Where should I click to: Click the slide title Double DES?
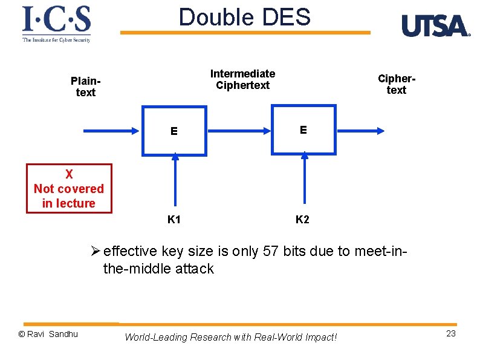point(244,18)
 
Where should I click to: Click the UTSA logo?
point(435,26)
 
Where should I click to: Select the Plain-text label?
point(85,87)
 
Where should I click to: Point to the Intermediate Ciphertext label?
point(242,79)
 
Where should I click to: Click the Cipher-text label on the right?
point(396,84)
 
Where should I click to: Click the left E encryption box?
point(174,131)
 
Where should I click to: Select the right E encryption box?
point(303,129)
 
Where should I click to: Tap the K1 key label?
point(174,220)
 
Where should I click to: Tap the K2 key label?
point(302,220)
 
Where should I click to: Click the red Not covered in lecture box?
point(69,189)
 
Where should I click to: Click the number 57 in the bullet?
point(271,252)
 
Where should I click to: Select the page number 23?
point(450,334)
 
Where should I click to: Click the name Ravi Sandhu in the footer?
point(51,334)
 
